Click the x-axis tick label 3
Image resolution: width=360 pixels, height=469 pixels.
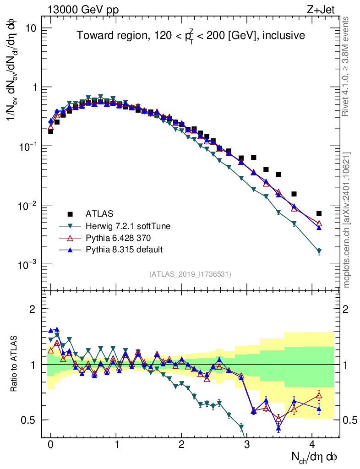coord(247,444)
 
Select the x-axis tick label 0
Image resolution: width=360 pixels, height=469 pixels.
coord(51,444)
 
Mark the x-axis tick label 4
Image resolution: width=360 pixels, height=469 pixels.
coord(312,444)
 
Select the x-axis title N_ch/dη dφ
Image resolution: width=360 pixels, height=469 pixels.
coord(315,458)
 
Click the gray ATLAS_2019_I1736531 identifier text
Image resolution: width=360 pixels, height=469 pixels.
coord(190,274)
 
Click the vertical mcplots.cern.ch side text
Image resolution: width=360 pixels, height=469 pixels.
coord(347,220)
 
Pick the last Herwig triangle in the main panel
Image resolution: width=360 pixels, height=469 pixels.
coord(319,251)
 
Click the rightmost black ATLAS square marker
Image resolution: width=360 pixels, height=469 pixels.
coord(319,213)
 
